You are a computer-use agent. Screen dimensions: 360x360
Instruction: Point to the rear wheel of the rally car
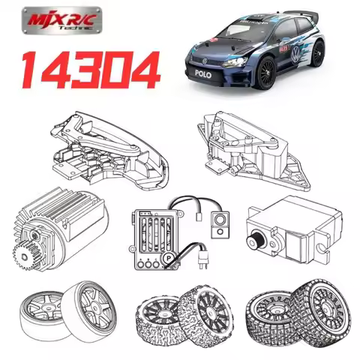319,54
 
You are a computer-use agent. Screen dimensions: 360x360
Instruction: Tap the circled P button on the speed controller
169,259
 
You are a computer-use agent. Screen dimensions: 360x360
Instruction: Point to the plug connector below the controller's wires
204,263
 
